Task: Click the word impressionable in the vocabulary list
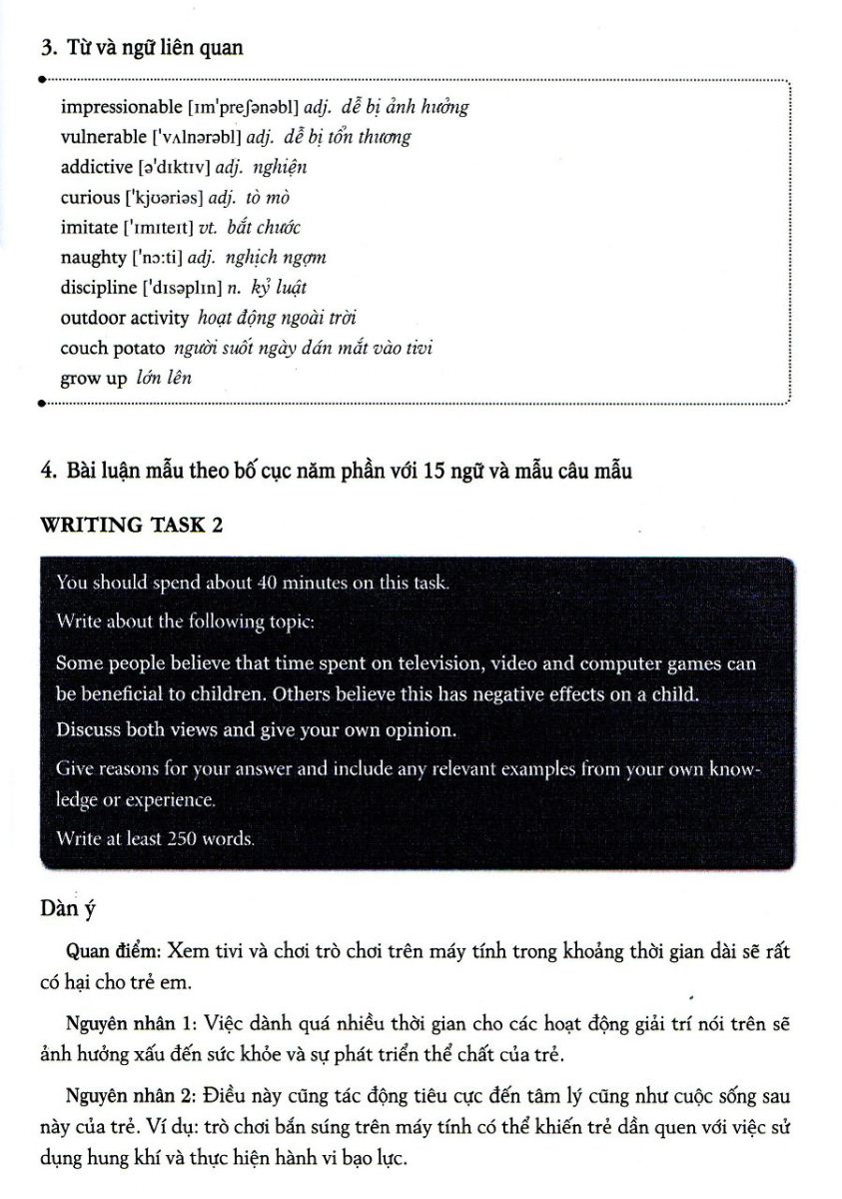click(121, 106)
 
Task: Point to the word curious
click(89, 197)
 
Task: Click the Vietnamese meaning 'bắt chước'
click(265, 227)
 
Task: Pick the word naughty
click(93, 258)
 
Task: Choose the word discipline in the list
click(99, 288)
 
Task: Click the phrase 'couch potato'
click(113, 349)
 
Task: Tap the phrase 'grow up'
click(93, 379)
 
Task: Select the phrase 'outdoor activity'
click(124, 318)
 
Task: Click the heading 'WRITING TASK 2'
click(130, 526)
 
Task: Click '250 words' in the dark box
click(210, 839)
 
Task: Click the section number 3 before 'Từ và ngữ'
click(45, 47)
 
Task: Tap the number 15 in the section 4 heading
click(433, 472)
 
